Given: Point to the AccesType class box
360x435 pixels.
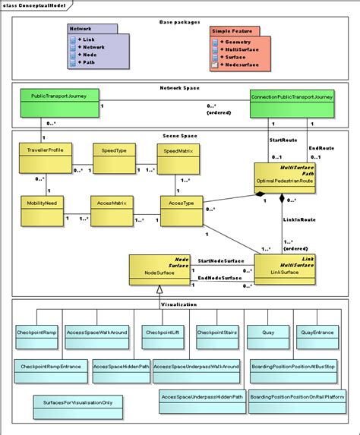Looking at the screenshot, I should (x=181, y=211).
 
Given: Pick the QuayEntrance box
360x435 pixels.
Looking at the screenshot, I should (x=317, y=336).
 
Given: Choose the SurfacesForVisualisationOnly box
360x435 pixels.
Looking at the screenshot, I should (x=78, y=404).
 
